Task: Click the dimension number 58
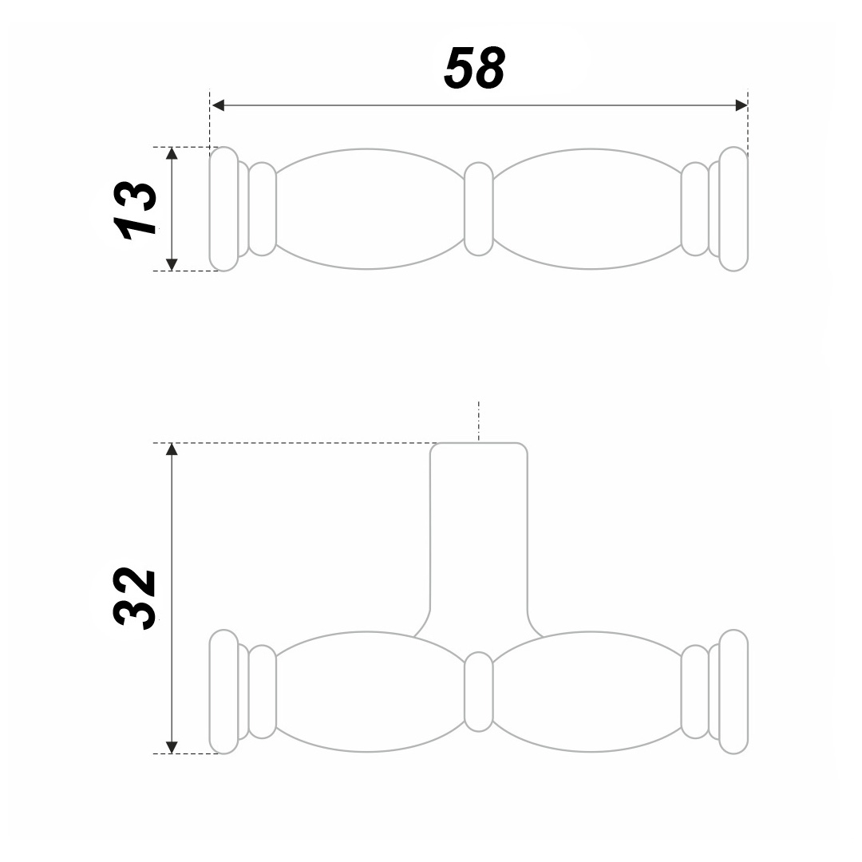click(474, 68)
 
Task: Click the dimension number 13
click(135, 210)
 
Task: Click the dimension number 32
click(135, 598)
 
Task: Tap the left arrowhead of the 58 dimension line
click(218, 105)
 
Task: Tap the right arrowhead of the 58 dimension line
click(741, 105)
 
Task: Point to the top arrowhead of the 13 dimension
click(172, 153)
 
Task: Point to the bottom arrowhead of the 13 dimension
click(172, 264)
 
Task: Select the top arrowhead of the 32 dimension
click(172, 449)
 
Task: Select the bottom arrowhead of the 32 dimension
click(172, 747)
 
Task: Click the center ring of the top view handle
click(478, 209)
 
